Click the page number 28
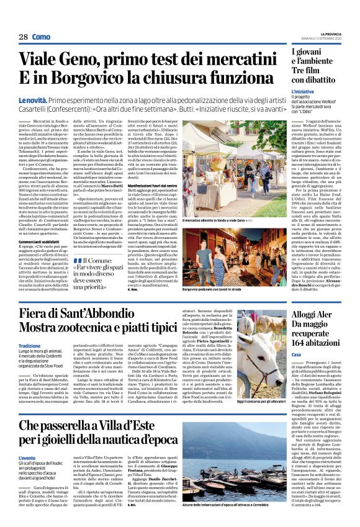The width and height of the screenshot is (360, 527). pyautogui.click(x=23, y=37)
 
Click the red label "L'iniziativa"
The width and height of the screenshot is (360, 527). pyautogui.click(x=302, y=91)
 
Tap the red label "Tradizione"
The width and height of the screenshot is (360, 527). pyautogui.click(x=29, y=346)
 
